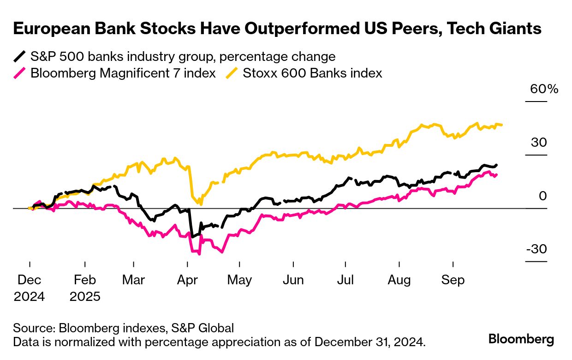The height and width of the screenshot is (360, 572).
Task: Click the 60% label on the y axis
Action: [544, 89]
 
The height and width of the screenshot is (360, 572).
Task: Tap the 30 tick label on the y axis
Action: [538, 142]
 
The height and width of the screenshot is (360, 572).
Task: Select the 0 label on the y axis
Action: [542, 196]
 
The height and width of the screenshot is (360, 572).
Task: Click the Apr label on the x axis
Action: [187, 280]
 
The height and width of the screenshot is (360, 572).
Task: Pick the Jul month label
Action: [346, 280]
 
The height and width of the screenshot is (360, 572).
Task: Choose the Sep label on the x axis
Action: [453, 280]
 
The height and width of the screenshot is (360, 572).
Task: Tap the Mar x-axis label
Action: [133, 280]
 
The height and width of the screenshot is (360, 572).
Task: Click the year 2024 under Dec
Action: [30, 296]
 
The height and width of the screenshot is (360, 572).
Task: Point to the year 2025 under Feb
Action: [85, 296]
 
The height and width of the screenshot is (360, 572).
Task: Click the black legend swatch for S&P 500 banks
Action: [19, 57]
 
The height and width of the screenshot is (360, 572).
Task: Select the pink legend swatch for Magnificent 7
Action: [19, 73]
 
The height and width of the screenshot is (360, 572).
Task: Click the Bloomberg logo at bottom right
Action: [521, 339]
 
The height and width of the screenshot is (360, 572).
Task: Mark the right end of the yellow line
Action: [502, 125]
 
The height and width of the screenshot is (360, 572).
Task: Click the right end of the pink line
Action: [496, 174]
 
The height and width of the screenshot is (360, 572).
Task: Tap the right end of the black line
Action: [496, 165]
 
